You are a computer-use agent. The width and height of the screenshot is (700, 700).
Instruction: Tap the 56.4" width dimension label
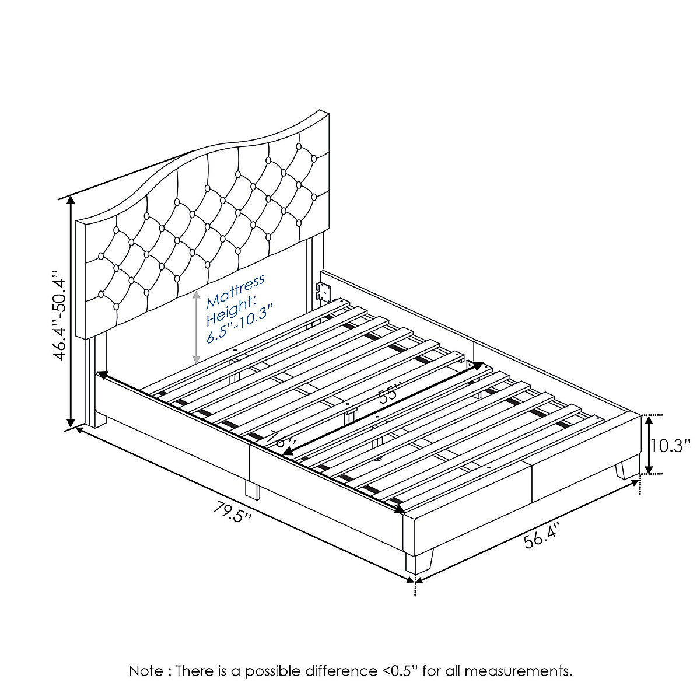(x=541, y=535)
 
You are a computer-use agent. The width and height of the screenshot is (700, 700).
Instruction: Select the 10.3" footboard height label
(x=671, y=446)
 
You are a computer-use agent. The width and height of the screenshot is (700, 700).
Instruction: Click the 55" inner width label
(x=390, y=394)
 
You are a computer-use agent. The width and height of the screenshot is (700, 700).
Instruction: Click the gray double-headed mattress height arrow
(x=197, y=327)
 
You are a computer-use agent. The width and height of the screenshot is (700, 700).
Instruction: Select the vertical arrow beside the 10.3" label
(x=647, y=444)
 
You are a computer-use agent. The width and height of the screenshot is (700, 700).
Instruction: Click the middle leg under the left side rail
(x=253, y=489)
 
